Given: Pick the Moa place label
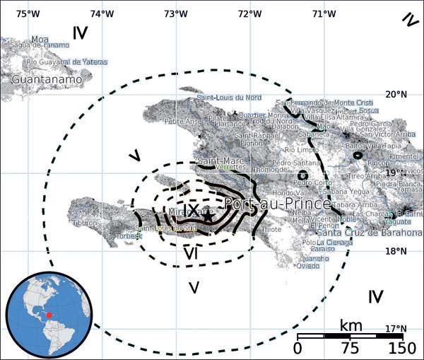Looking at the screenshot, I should click(40, 39).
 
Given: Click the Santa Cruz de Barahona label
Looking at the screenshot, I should click(369, 233).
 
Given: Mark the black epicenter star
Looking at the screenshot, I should click(207, 217).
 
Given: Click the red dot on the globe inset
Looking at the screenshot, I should click(49, 314).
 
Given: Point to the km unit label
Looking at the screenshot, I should click(351, 325).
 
